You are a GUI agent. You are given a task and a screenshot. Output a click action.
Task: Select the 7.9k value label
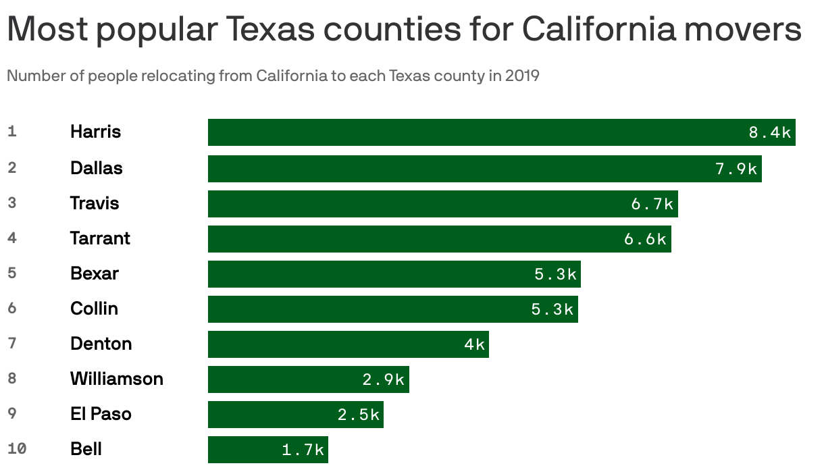pos(736,169)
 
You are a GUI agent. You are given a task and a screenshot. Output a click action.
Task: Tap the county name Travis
pos(95,203)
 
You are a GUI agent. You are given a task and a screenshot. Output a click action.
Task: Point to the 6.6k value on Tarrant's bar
pos(645,239)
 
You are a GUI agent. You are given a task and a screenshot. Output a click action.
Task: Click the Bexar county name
pos(95,273)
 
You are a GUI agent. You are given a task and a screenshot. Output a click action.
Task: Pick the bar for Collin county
pos(392,309)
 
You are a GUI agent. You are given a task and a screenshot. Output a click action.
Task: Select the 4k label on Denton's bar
pos(474,344)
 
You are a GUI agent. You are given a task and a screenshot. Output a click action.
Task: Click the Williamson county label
pos(117,379)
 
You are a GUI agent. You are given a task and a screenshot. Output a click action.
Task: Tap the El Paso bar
pos(295,415)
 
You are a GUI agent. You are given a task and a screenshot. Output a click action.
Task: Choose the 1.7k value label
pos(303,450)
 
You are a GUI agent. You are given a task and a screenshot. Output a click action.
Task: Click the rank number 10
pos(17,448)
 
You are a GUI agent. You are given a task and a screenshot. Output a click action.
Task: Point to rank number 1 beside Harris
pos(12,131)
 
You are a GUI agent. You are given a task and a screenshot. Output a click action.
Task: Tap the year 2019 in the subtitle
pos(521,76)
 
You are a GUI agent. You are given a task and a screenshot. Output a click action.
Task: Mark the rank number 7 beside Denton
pos(12,343)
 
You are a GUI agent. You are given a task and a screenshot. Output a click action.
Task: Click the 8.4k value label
pos(769,133)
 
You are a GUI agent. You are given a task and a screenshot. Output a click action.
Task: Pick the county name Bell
pos(86,449)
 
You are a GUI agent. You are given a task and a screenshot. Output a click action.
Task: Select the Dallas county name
pos(97,168)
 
